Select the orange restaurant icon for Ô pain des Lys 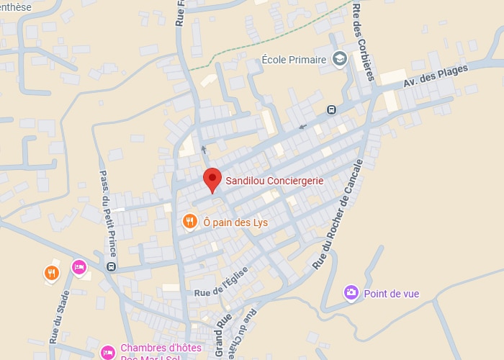190,222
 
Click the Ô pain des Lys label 235,222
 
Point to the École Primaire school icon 340,60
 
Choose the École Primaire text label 294,60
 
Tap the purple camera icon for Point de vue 351,292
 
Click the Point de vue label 391,294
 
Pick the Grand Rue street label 223,333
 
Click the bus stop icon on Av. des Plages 330,110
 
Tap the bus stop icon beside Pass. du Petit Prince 111,266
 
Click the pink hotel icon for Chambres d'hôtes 107,352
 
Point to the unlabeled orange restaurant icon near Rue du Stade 51,272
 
